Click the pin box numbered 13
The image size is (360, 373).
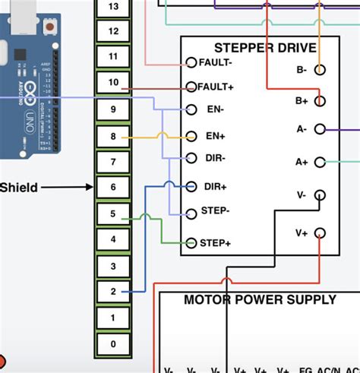click(114, 7)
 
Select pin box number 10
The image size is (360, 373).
click(114, 82)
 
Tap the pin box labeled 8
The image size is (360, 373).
click(114, 137)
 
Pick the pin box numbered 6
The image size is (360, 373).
click(114, 187)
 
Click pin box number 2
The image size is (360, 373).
click(114, 292)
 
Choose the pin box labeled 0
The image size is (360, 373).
click(114, 344)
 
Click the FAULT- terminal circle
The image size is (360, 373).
click(191, 62)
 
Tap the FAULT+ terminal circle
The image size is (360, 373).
click(191, 87)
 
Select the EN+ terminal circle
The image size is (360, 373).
click(191, 137)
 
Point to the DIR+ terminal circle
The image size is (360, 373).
click(191, 186)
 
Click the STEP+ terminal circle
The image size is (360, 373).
click(191, 243)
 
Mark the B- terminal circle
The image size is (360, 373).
click(321, 69)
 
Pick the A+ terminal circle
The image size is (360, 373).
click(321, 162)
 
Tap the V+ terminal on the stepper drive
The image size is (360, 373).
click(321, 232)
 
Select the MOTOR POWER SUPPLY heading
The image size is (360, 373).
click(259, 300)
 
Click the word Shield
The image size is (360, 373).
click(19, 188)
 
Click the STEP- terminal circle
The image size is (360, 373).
click(191, 213)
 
